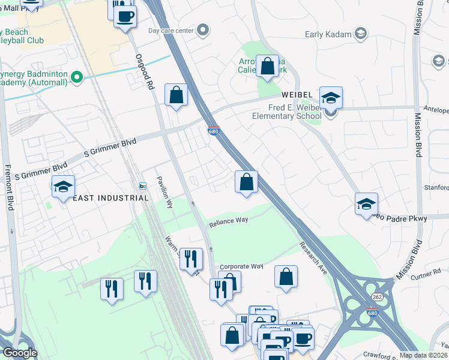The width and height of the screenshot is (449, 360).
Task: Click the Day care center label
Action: tap(171, 31)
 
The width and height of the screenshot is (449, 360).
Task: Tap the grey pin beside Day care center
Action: tap(203, 30)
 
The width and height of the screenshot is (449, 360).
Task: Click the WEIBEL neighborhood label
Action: tap(298, 96)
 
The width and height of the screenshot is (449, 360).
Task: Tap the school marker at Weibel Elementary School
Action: tap(331, 100)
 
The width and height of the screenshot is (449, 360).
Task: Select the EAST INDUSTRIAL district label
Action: tap(108, 197)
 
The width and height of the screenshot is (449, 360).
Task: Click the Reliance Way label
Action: tap(229, 221)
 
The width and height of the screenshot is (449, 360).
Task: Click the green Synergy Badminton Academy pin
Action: tap(76, 77)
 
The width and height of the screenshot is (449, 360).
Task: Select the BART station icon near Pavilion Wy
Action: tap(143, 185)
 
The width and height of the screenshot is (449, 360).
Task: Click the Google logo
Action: tap(19, 353)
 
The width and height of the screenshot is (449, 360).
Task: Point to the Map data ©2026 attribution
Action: tap(423, 355)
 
